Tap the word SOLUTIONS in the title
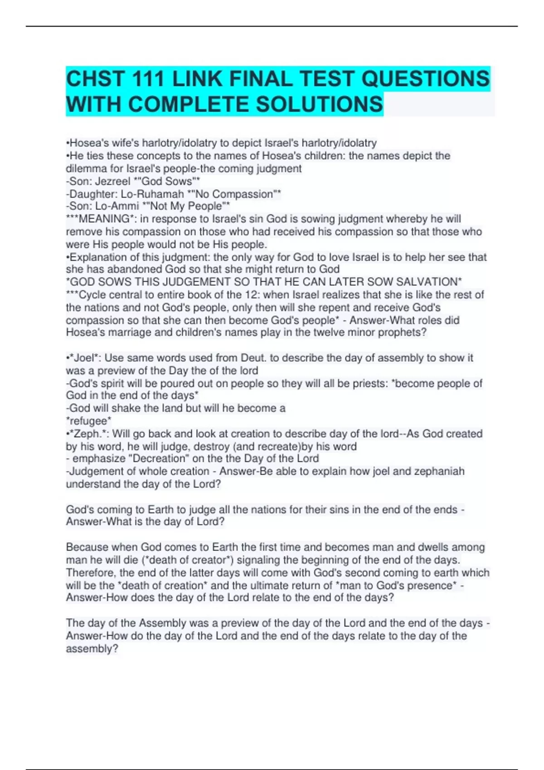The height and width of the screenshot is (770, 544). tap(320, 104)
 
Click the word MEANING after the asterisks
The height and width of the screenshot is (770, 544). tap(104, 219)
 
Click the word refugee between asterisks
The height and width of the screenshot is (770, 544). tap(89, 421)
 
